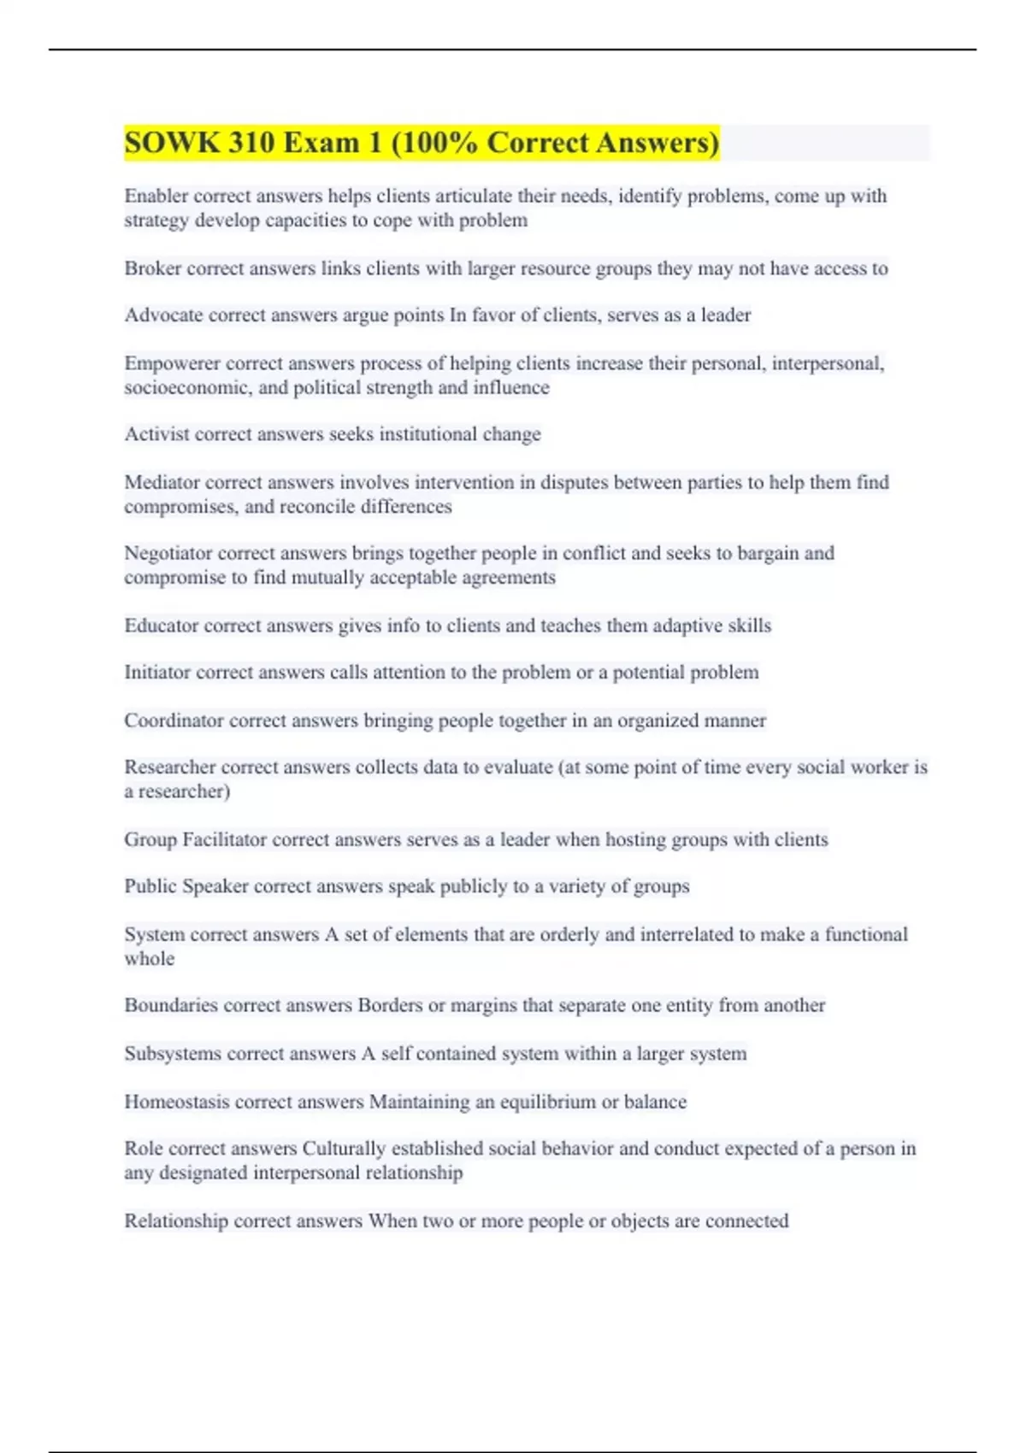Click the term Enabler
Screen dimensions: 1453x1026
[x=156, y=196]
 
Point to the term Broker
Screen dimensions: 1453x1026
[x=152, y=268]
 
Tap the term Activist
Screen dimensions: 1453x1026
[x=156, y=434]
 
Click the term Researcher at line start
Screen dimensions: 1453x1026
[x=169, y=768]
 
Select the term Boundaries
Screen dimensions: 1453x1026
[x=170, y=1005]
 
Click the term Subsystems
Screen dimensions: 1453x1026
[x=171, y=1054]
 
